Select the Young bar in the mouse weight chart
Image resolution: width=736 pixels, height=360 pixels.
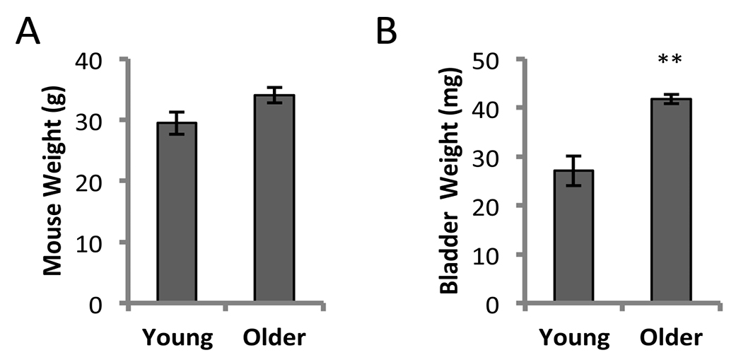click(x=177, y=213)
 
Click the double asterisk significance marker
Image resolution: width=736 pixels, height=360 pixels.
click(x=670, y=62)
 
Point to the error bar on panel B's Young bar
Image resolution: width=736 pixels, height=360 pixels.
click(x=573, y=170)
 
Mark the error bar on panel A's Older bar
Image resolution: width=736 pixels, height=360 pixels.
click(x=274, y=95)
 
